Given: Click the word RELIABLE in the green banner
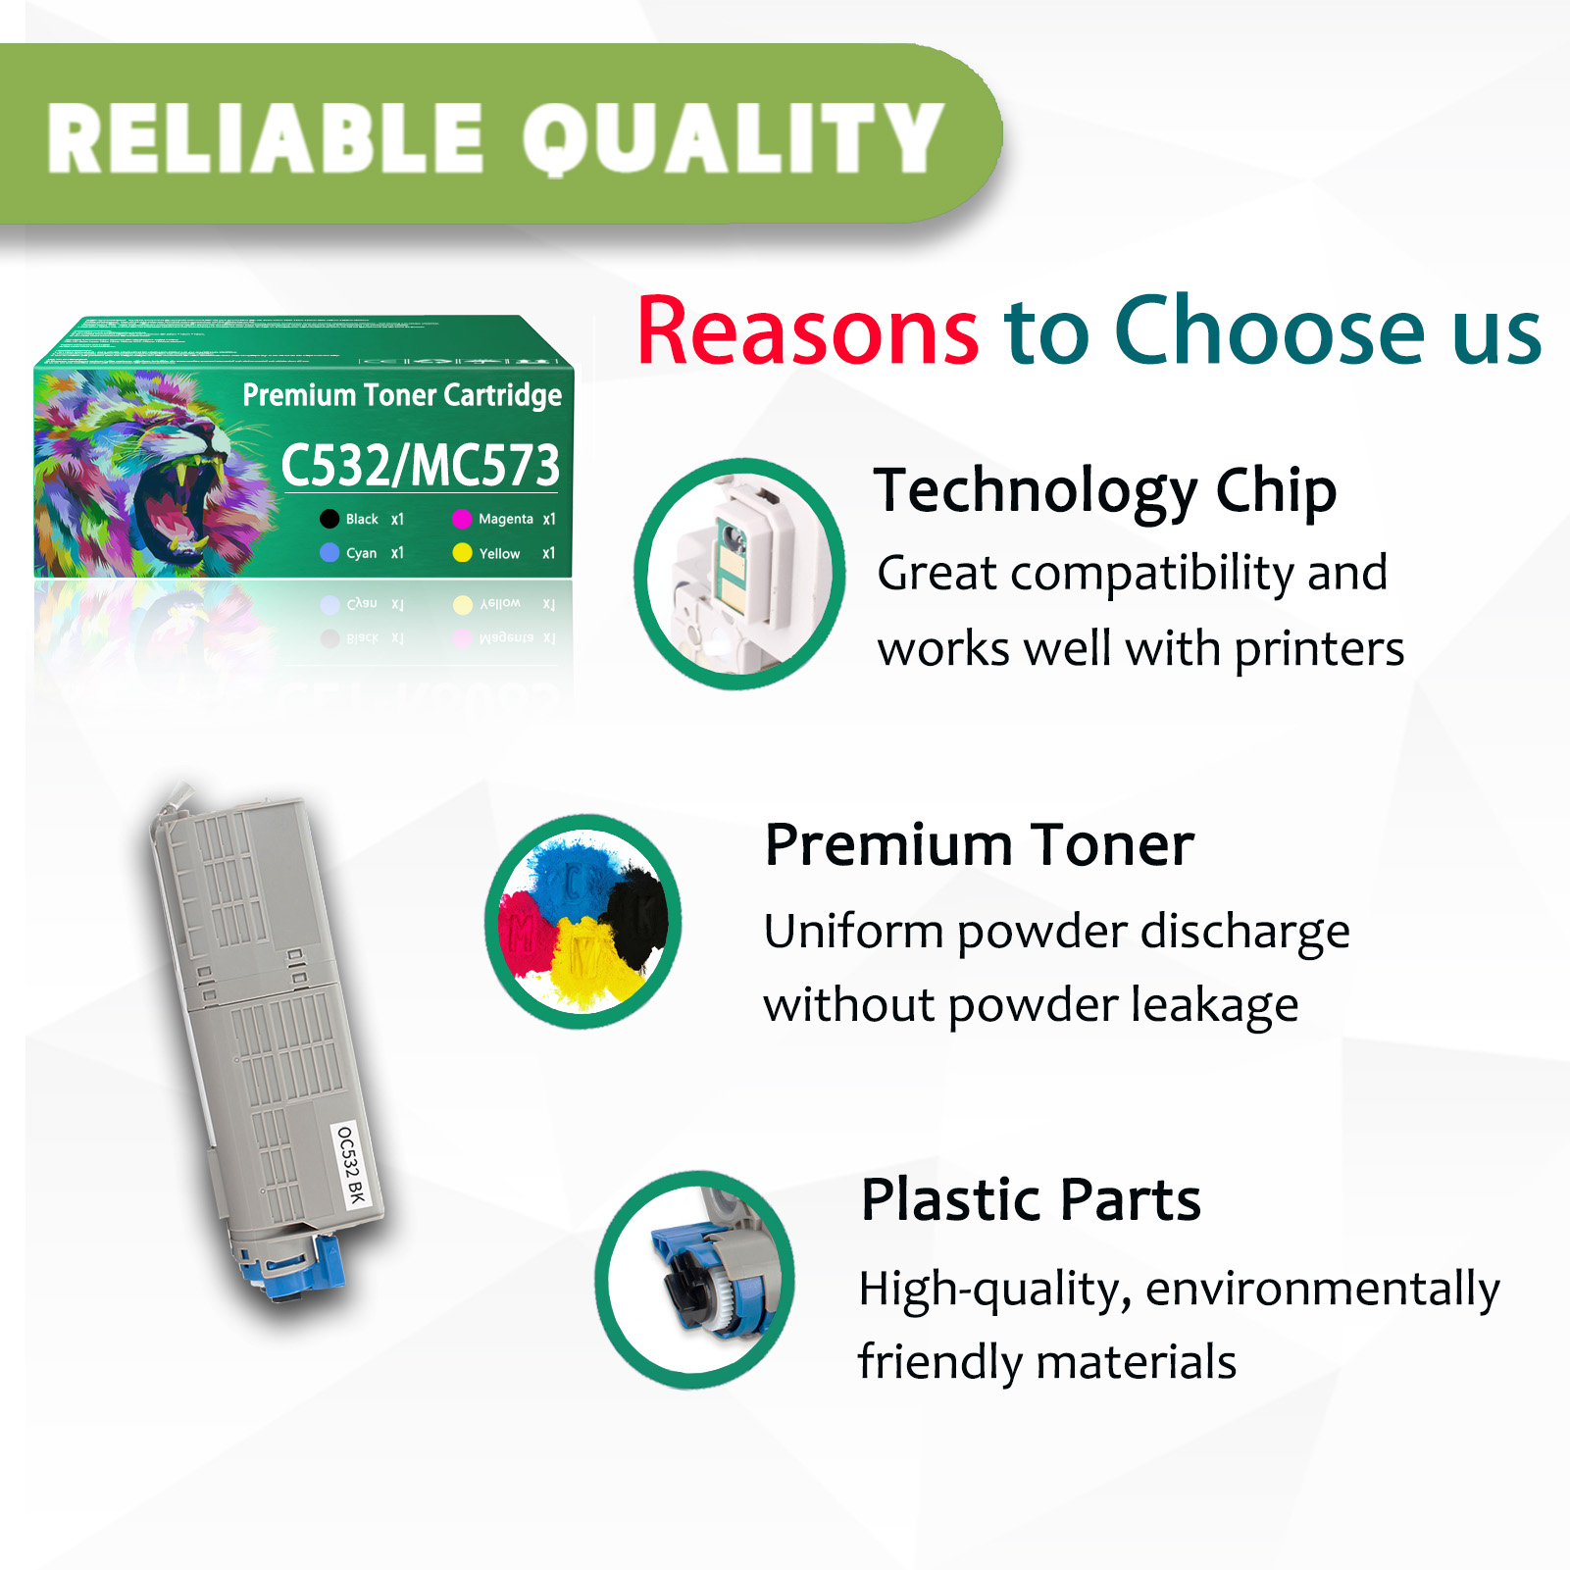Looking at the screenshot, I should (265, 139).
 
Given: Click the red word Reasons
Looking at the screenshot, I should (807, 331).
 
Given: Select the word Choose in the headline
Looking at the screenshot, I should (1269, 331).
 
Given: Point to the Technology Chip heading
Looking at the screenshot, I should (1105, 490).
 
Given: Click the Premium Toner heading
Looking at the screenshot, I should (979, 845).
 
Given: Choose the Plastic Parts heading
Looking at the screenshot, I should (1031, 1199).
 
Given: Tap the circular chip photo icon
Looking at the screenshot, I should (739, 574).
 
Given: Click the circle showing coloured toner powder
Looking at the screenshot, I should (583, 922).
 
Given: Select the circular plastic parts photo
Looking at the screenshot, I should (695, 1279).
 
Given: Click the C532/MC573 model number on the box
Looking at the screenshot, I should (420, 465).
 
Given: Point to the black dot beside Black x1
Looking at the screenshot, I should (329, 519).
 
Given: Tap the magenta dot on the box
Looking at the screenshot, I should (462, 519).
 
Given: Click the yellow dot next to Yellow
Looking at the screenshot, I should (462, 553).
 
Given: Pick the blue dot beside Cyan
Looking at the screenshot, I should (329, 553).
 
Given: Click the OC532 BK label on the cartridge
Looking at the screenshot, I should (350, 1165).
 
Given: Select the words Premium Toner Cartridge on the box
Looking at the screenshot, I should (402, 395).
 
